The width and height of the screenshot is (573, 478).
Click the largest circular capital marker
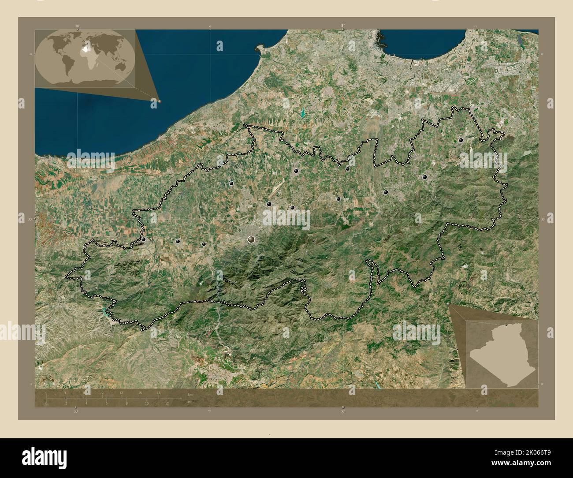coord(251,239)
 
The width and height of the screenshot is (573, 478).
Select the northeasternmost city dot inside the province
coord(461,140)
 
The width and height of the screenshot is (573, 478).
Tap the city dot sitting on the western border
coord(144,239)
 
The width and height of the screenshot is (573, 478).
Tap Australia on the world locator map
coord(121,66)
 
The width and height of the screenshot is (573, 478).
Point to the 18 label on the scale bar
coord(158,392)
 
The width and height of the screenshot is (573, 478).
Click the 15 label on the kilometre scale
coord(140,392)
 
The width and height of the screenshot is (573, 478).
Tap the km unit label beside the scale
coord(190,394)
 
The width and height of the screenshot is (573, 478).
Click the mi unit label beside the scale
coord(190,402)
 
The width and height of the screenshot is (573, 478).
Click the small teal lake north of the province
coord(303,113)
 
